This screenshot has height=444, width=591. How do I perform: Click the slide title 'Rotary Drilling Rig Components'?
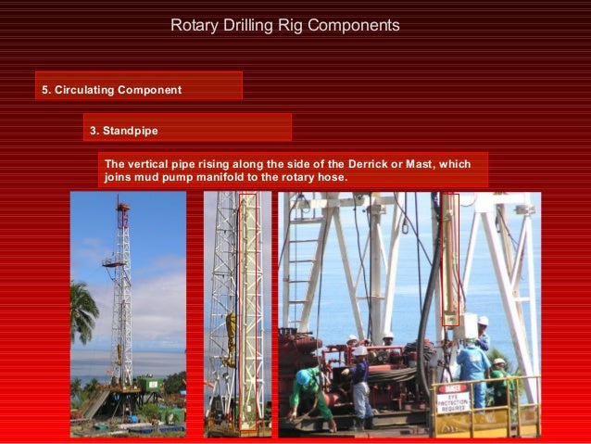[285, 25]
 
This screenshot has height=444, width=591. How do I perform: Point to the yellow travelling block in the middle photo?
[230, 338]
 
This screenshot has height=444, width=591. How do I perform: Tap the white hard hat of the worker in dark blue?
[359, 350]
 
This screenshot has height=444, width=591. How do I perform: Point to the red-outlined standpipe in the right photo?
[449, 260]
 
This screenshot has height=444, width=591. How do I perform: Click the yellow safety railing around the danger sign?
[500, 408]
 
